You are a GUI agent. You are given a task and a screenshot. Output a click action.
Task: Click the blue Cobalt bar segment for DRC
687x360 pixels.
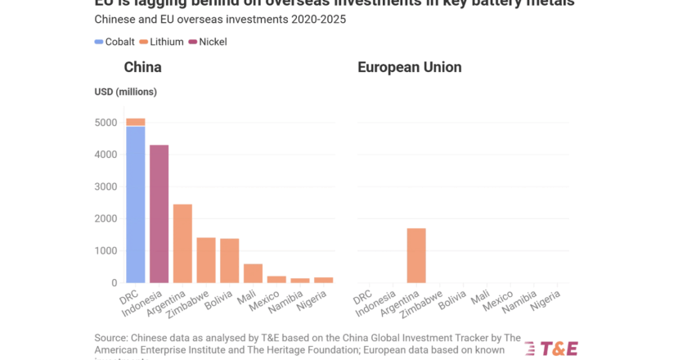click(135, 205)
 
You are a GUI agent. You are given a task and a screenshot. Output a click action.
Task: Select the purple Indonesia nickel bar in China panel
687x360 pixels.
click(159, 214)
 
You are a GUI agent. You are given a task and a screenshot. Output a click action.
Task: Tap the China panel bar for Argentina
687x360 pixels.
click(182, 243)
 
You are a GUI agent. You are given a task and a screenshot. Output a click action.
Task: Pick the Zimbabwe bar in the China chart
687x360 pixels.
click(206, 260)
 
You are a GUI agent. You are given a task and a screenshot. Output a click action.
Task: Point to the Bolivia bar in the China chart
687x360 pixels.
click(230, 260)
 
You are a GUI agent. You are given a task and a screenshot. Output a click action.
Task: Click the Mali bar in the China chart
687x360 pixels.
click(253, 273)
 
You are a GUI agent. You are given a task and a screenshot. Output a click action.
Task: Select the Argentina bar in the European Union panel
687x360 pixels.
click(415, 255)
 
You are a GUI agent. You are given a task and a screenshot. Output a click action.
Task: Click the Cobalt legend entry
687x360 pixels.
click(114, 42)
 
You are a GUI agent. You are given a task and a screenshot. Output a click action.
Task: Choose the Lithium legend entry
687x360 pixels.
click(161, 42)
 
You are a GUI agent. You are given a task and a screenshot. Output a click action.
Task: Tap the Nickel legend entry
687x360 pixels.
click(208, 42)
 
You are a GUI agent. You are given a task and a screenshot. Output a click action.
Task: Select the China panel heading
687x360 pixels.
click(142, 67)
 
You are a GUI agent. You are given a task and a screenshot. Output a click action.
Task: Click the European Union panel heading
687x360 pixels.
click(409, 67)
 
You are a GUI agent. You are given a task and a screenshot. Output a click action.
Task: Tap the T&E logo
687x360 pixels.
click(551, 348)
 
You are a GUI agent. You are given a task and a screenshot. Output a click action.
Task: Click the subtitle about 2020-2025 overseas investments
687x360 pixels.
click(221, 19)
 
